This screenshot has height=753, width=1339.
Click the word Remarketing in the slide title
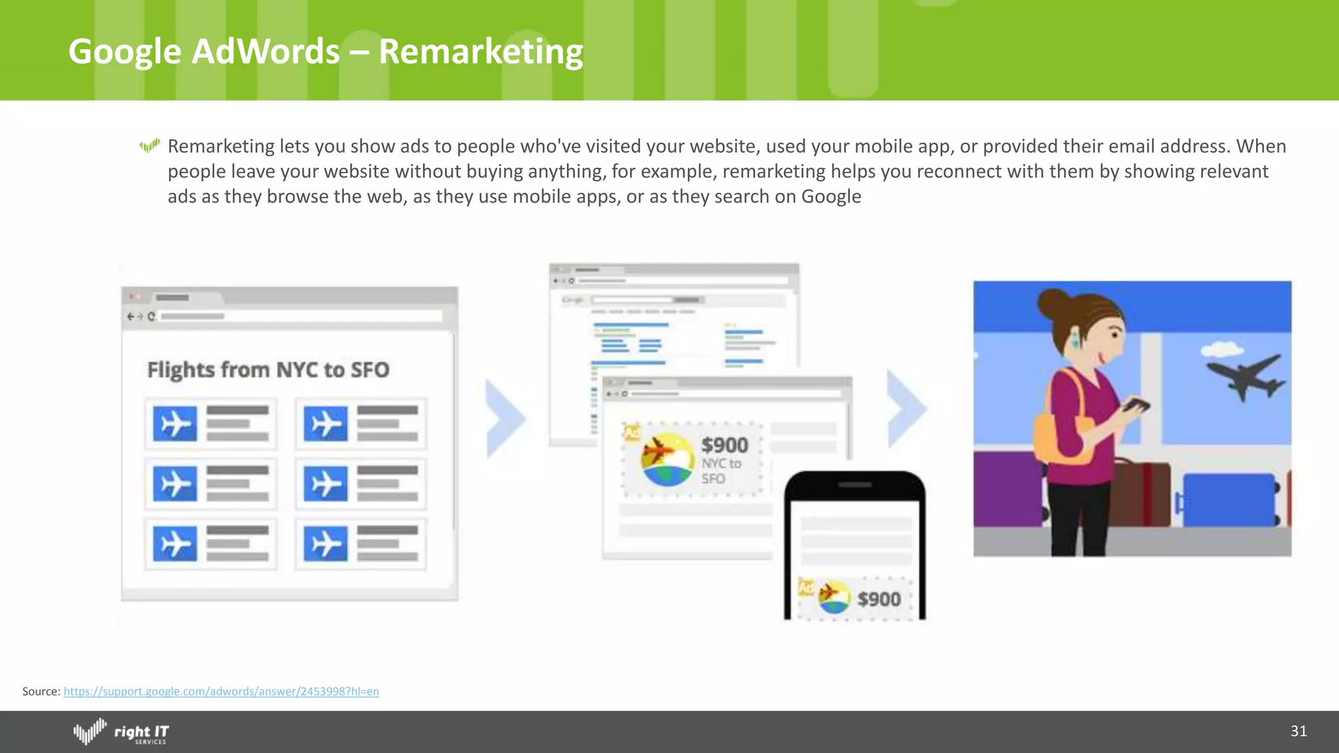pos(481,51)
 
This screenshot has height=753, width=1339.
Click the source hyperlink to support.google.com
pos(221,692)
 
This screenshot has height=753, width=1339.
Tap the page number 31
pos(1298,731)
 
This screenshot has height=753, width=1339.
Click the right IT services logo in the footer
pos(122,732)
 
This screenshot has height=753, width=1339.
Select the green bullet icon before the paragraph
pos(150,146)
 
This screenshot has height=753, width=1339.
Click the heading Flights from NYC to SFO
pos(268,370)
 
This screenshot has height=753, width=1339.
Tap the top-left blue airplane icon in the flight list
pos(175,424)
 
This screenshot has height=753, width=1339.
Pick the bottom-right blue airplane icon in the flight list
pos(326,543)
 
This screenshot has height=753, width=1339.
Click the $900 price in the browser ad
pos(724,446)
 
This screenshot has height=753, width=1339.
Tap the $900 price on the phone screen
pos(879,599)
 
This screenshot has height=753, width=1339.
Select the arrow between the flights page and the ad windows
pos(505,418)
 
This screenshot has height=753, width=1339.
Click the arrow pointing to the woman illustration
pos(907,409)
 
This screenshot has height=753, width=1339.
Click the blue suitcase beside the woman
pos(1229,500)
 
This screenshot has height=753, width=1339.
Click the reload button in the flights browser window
pos(152,316)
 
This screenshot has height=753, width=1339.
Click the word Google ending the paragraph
pos(831,197)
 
